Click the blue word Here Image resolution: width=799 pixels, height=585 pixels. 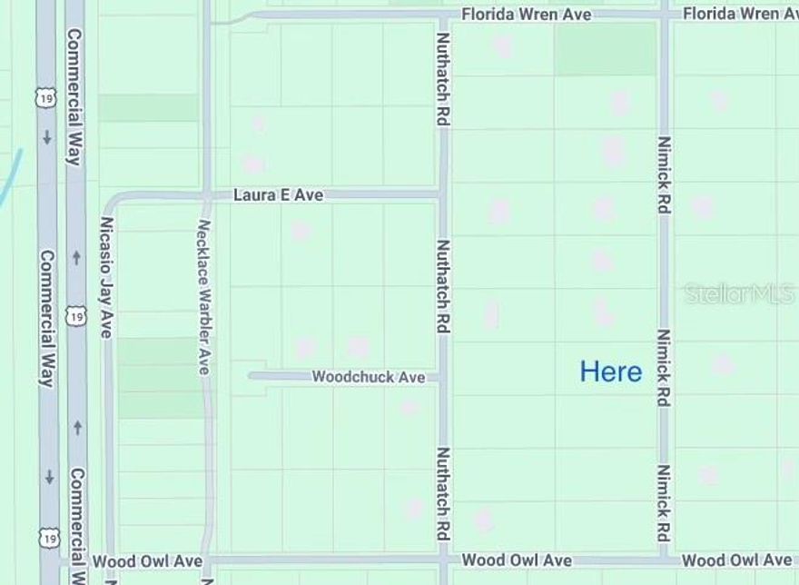tap(611, 372)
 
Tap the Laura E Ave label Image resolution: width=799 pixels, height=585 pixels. tap(278, 194)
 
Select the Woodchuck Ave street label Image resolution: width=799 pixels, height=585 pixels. tap(369, 376)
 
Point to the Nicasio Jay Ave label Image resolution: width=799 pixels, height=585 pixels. tap(107, 277)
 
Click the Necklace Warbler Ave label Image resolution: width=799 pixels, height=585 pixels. tap(204, 296)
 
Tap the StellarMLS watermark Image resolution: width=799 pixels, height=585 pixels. tap(738, 293)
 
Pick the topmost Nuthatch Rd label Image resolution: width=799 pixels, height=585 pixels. tap(443, 79)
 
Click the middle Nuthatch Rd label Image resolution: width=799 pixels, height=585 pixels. tap(443, 286)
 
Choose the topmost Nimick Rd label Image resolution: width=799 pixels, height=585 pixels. tap(665, 174)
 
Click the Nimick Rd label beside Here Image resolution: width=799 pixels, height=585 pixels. tap(665, 367)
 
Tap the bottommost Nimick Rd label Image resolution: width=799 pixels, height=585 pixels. tap(665, 503)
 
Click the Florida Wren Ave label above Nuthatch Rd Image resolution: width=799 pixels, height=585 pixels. tap(526, 15)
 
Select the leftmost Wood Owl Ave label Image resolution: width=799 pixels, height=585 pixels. tap(147, 562)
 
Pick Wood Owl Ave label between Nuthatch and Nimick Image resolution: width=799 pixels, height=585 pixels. tap(517, 560)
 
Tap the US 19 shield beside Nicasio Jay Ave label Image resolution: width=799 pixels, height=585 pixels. tap(77, 316)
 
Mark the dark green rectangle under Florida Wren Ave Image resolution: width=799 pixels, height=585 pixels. tap(605, 49)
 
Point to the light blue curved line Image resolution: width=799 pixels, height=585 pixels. tap(11, 177)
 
